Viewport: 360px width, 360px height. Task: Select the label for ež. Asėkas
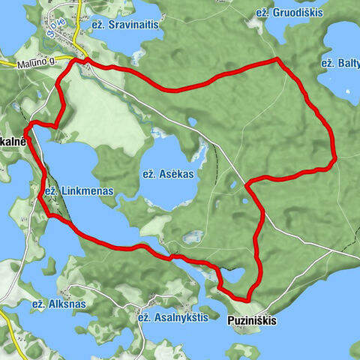tap(168, 173)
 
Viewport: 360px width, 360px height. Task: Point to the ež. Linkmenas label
tap(78, 191)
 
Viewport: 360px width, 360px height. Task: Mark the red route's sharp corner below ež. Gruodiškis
tap(277, 58)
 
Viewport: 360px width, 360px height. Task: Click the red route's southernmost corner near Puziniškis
tap(246, 299)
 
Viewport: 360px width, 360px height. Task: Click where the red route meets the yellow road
tap(85, 60)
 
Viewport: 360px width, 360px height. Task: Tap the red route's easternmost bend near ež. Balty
tap(334, 158)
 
